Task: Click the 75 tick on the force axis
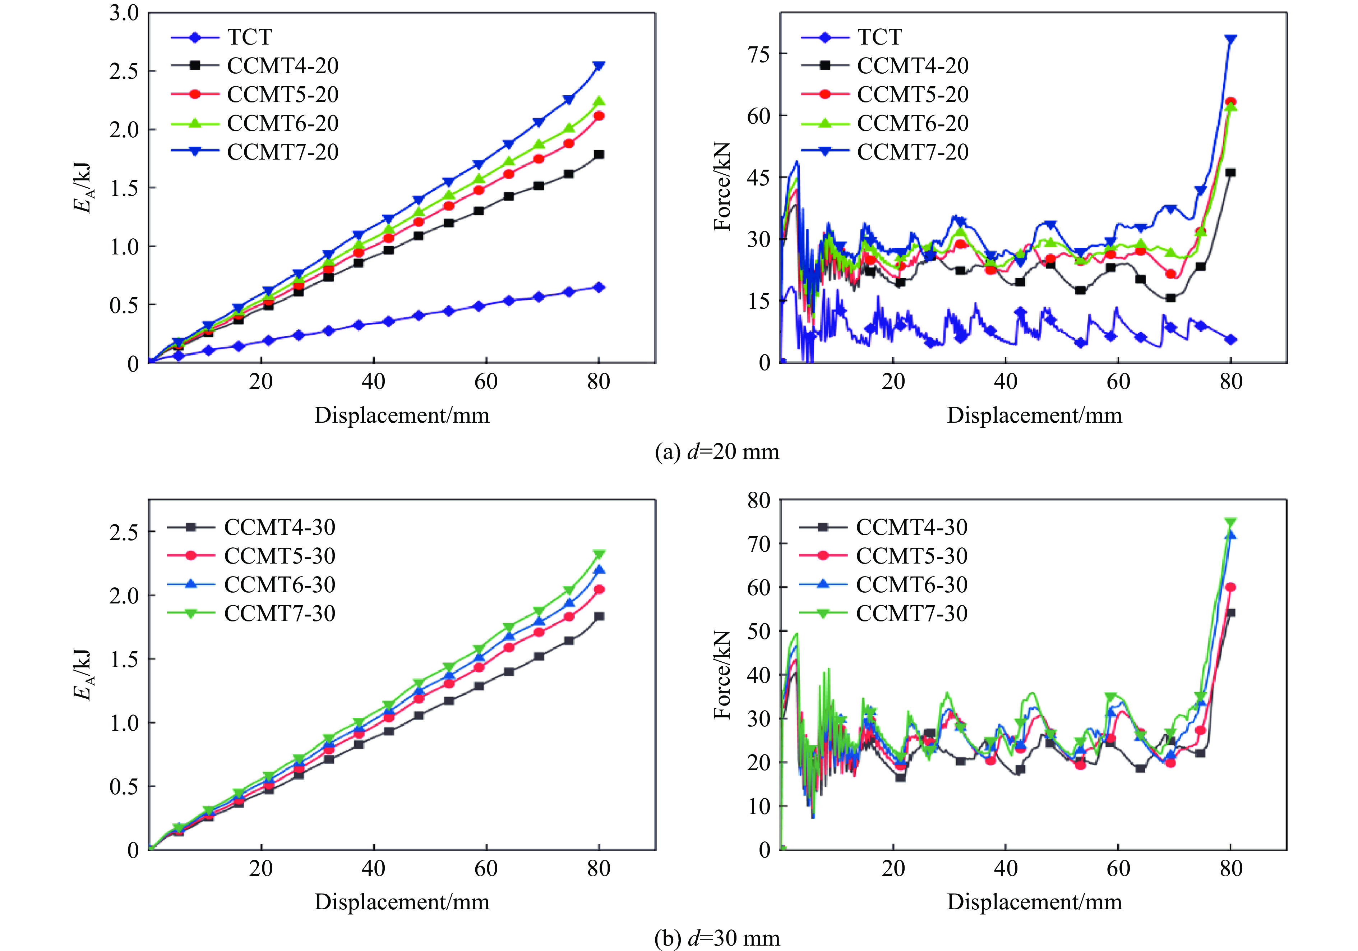coord(759,54)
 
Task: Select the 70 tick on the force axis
coord(759,543)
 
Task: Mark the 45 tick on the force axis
coord(759,177)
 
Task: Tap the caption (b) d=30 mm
coord(717,938)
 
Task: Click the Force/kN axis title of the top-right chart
coord(722,187)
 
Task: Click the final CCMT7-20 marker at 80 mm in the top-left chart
coord(599,66)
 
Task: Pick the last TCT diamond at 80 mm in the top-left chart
coord(599,287)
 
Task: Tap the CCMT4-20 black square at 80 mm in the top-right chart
coord(1231,173)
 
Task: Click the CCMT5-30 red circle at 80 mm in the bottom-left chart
coord(599,589)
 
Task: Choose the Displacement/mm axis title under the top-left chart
coord(402,415)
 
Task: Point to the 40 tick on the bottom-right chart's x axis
coord(1006,868)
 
